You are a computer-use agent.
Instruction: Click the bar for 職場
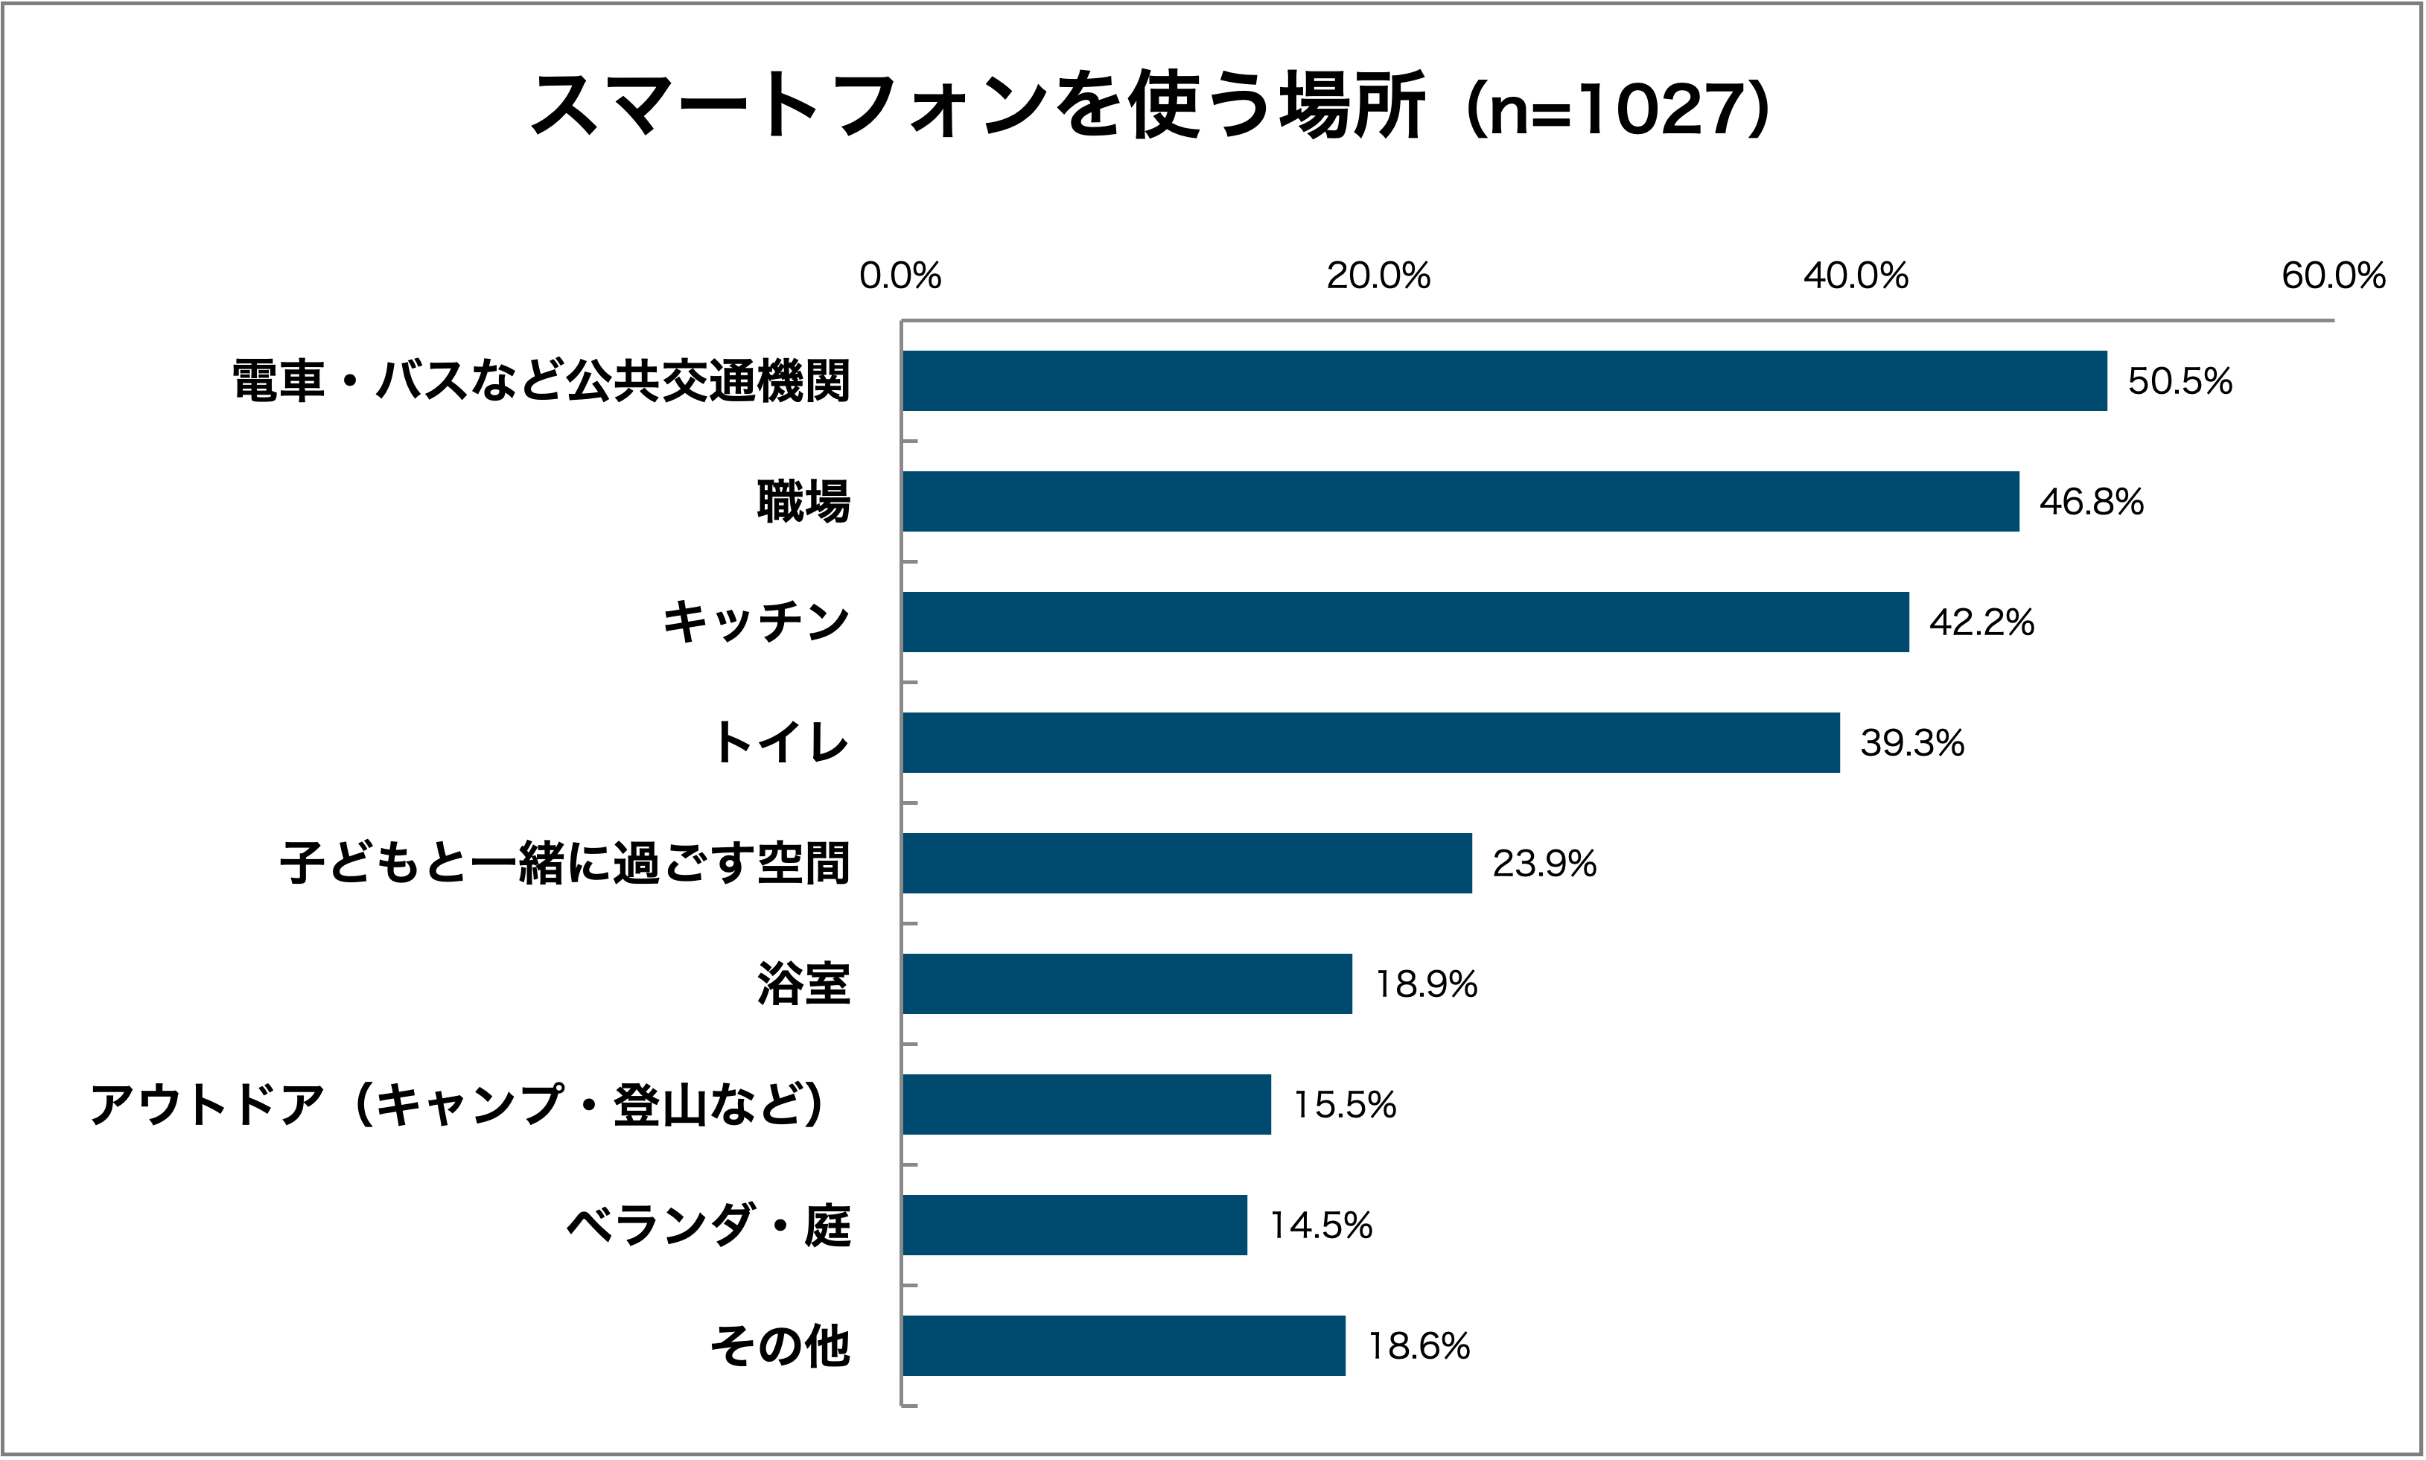point(1460,502)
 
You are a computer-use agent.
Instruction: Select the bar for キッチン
point(1405,622)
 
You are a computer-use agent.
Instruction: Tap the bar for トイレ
point(1370,743)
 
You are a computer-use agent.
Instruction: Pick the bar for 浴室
point(1127,984)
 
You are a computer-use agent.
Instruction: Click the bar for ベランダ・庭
point(1074,1225)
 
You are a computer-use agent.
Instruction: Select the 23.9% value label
point(1544,864)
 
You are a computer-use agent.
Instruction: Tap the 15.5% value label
point(1344,1105)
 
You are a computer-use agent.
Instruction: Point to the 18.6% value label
point(1418,1346)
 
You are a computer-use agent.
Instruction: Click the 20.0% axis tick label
point(1378,276)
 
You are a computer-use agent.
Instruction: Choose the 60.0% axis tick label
point(2332,276)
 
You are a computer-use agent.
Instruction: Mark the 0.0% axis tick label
point(900,276)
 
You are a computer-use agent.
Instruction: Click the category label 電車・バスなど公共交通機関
point(541,382)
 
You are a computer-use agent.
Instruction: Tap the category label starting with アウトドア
point(457,1105)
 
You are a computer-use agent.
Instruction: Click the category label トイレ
point(781,743)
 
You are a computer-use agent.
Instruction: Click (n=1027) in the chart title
point(1618,108)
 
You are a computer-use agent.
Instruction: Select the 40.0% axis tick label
point(1856,276)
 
